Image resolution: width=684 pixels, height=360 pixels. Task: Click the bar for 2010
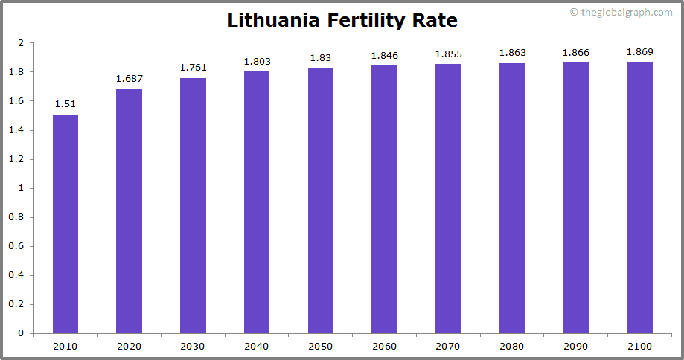65,223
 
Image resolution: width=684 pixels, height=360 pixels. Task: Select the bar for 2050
321,200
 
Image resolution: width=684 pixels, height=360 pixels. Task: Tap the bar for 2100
639,197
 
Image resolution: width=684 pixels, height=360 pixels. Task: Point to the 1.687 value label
129,78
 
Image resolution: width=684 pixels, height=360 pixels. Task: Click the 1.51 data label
65,104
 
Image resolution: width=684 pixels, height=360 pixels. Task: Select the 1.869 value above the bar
639,51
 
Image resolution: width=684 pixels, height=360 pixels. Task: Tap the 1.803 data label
257,62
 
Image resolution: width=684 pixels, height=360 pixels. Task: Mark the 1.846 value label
384,55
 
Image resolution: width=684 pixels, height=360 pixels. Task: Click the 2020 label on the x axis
129,346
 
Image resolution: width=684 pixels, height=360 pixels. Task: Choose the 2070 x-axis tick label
448,346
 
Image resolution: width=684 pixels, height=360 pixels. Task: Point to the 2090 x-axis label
575,346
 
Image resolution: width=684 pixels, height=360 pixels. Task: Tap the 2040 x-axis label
257,346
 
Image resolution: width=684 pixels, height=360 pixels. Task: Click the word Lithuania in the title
274,20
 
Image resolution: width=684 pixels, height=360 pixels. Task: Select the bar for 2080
512,198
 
